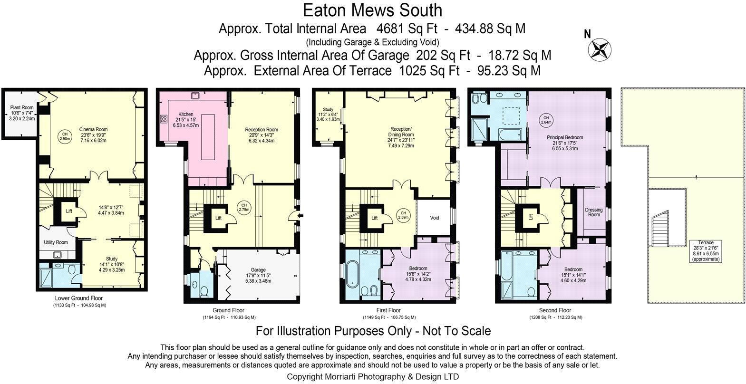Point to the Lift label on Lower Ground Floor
(69, 211)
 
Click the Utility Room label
(56, 242)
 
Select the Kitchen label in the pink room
(186, 115)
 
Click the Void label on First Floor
(435, 218)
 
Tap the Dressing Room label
(593, 212)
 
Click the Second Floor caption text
(555, 311)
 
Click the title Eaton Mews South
(372, 10)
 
